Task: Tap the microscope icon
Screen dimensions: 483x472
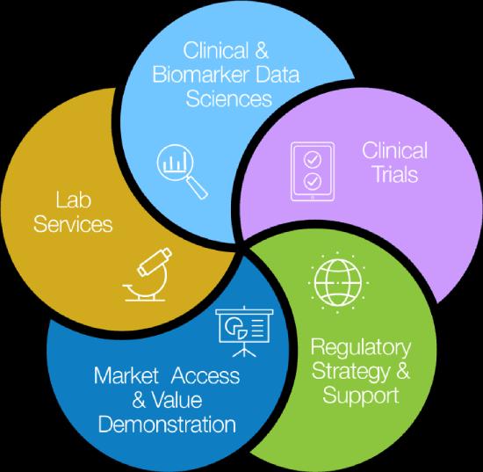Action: [148, 274]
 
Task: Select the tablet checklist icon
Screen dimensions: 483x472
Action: [313, 171]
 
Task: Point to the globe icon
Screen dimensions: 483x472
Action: [338, 282]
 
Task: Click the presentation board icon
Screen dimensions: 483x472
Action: [245, 331]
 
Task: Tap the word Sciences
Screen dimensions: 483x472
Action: [229, 98]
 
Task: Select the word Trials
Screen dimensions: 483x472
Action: [396, 174]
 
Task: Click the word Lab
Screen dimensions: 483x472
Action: [74, 200]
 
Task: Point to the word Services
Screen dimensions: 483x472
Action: [73, 224]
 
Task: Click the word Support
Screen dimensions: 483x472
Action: [361, 396]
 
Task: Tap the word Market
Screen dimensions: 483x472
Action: [126, 375]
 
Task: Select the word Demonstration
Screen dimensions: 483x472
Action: [167, 425]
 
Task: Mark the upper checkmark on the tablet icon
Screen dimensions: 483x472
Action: [313, 159]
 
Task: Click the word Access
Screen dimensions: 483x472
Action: [205, 375]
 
